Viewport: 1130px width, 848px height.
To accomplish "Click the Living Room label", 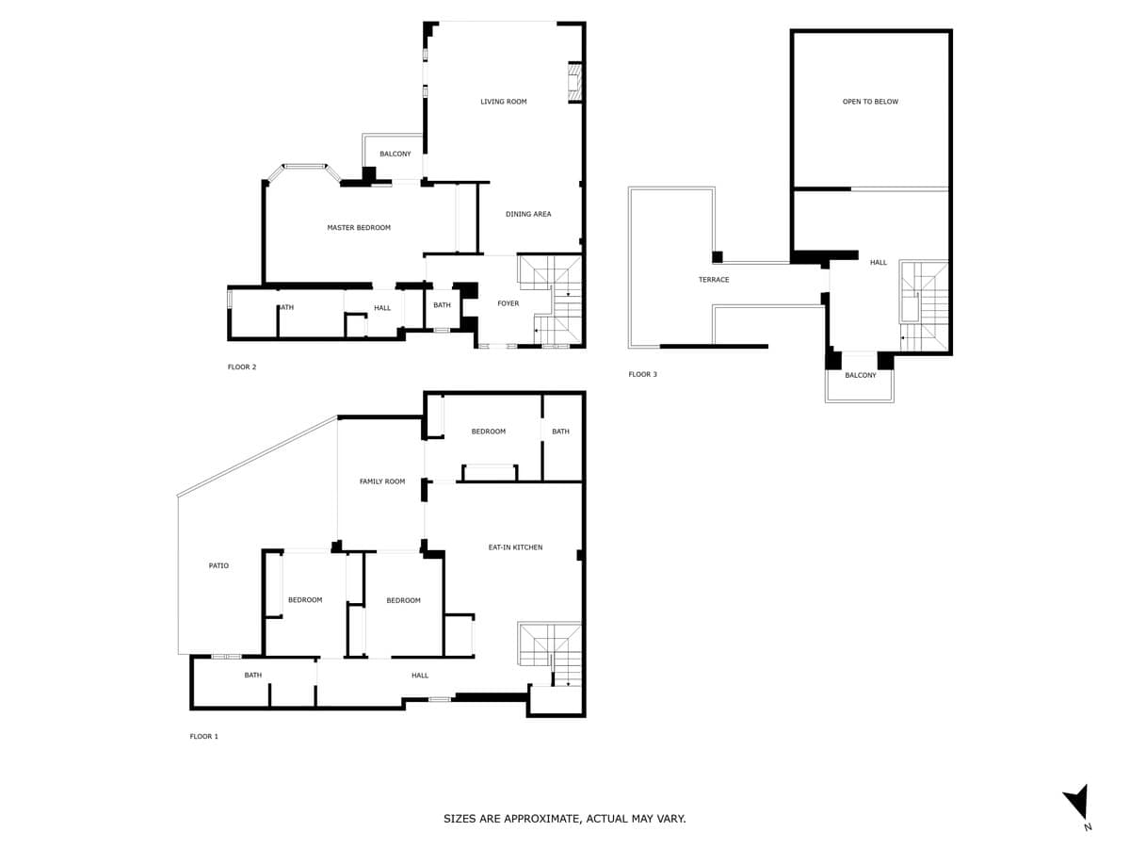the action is [503, 102].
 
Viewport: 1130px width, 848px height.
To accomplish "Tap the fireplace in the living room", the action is [574, 83].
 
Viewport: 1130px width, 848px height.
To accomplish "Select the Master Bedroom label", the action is [359, 228].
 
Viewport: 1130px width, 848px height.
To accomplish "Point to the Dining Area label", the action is [528, 214].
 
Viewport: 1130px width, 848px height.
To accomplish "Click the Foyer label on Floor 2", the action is [508, 303].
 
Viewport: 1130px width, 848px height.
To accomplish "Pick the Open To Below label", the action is [870, 102].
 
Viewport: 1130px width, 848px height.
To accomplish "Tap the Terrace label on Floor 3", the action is [714, 280].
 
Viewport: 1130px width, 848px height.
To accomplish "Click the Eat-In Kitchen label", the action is [515, 547].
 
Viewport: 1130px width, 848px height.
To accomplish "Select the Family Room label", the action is [382, 481].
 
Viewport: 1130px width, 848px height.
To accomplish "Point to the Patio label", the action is [218, 565].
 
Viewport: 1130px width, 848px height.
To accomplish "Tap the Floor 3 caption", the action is [642, 374].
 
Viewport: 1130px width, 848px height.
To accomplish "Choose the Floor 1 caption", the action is [203, 736].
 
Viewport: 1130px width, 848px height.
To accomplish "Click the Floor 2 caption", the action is [242, 367].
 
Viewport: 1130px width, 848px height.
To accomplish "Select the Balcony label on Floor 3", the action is [861, 375].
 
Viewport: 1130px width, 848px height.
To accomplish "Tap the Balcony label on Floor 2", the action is [395, 154].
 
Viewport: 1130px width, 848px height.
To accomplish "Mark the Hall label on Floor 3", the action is [879, 263].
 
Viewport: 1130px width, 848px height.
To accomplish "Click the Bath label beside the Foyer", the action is [442, 305].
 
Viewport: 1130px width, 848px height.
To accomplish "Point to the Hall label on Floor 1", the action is [420, 676].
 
